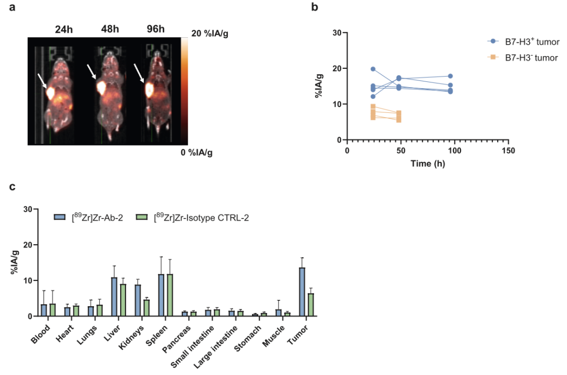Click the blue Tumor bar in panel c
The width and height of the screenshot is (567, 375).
pyautogui.click(x=302, y=292)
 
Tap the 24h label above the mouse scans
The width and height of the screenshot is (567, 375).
pyautogui.click(x=64, y=28)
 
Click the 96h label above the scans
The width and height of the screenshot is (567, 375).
pyautogui.click(x=156, y=28)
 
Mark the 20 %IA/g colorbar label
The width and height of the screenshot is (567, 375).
pyautogui.click(x=211, y=33)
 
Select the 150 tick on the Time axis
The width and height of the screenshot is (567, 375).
pyautogui.click(x=508, y=151)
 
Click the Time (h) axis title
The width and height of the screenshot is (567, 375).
pyautogui.click(x=427, y=163)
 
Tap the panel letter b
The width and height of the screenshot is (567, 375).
pyautogui.click(x=314, y=7)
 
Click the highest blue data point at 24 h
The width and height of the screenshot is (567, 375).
pyautogui.click(x=373, y=69)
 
